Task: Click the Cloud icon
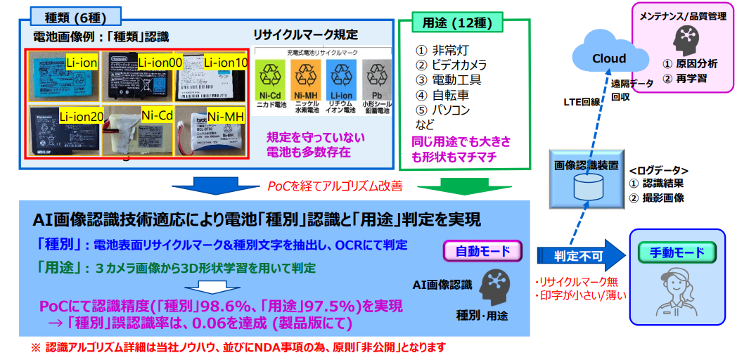609,56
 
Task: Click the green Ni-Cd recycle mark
270,80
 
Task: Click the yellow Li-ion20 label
82,116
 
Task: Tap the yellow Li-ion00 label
160,63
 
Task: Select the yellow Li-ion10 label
226,63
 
